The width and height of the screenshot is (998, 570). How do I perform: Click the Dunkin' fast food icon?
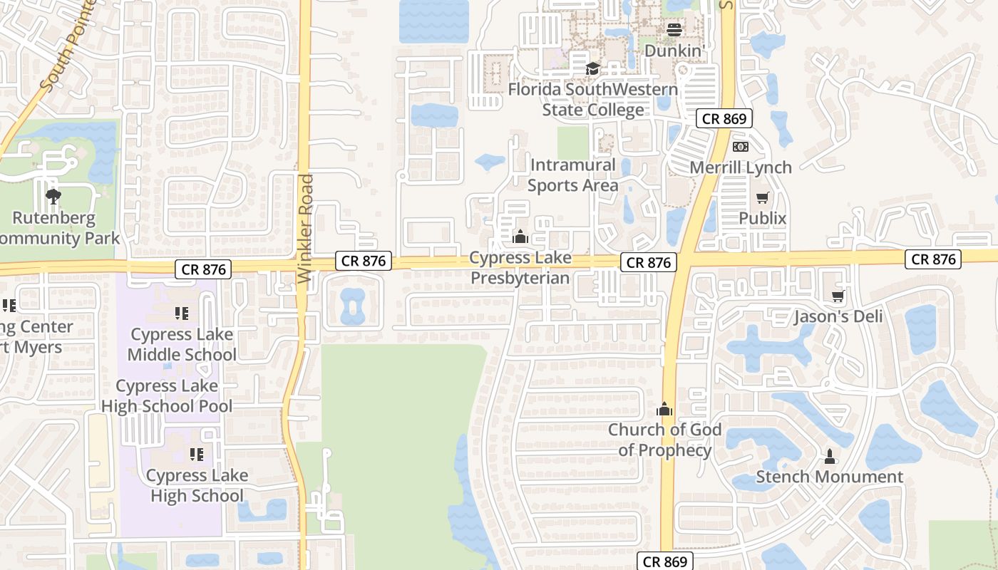click(674, 29)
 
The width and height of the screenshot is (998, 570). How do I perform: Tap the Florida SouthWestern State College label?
click(593, 100)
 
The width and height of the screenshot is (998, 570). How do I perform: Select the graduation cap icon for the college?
click(592, 68)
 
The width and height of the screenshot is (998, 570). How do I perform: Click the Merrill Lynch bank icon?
click(741, 147)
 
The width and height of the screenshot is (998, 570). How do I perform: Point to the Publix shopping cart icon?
click(763, 197)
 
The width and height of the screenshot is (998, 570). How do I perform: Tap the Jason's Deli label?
click(838, 316)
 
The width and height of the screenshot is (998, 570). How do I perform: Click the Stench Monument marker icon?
click(829, 455)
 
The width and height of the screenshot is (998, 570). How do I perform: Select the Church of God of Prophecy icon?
click(664, 409)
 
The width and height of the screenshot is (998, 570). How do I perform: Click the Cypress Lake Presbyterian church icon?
click(520, 237)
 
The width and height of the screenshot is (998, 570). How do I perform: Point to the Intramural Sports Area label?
click(572, 175)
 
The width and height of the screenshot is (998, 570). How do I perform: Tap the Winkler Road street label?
click(307, 229)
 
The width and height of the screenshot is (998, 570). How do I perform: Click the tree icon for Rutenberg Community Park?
click(53, 196)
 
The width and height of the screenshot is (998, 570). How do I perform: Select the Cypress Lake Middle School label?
click(182, 344)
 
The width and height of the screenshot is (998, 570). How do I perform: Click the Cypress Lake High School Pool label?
click(167, 396)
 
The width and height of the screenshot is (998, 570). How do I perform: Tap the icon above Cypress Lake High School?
click(197, 454)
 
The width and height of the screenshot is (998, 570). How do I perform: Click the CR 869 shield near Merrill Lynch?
click(724, 119)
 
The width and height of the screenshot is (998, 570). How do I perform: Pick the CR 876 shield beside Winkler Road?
click(364, 261)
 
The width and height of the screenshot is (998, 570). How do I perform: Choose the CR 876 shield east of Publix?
click(932, 259)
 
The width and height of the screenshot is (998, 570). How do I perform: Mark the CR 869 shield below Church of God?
click(665, 561)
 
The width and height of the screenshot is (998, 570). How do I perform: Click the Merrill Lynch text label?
click(741, 167)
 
